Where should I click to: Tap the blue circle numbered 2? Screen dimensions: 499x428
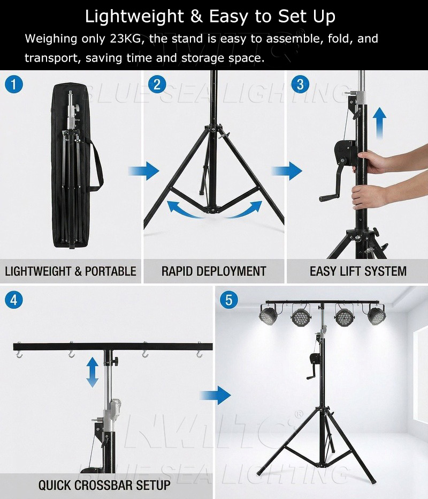click(157, 84)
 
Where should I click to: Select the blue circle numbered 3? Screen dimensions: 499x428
click(300, 84)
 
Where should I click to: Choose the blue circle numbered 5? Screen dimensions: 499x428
click(229, 300)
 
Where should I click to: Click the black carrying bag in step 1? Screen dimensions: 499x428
click(72, 166)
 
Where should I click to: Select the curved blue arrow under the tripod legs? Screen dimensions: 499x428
click(214, 211)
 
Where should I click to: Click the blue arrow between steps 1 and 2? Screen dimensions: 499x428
click(144, 172)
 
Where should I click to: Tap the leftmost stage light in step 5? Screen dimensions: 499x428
click(267, 315)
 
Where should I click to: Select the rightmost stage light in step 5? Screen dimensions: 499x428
click(375, 315)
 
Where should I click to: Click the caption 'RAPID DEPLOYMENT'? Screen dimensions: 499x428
click(213, 271)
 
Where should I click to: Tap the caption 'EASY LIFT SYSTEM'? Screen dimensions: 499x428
click(358, 271)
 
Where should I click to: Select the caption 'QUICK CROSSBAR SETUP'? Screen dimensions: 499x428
click(104, 486)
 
